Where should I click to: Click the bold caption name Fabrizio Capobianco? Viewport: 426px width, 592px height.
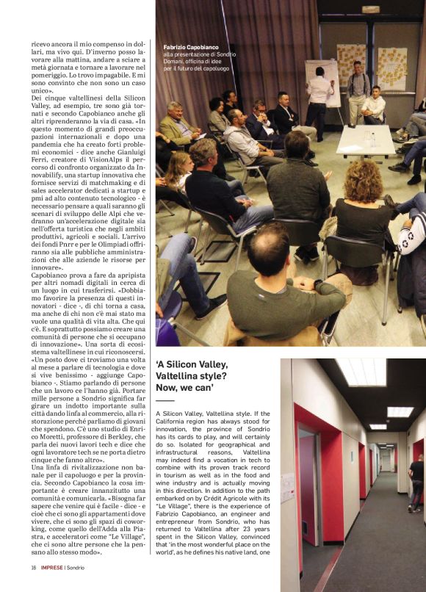point(190,46)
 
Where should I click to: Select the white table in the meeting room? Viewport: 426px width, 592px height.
point(365,139)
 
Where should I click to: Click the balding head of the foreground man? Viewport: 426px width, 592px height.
point(268,242)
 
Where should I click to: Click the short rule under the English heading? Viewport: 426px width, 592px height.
point(165,400)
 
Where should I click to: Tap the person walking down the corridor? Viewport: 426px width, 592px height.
point(416,481)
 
